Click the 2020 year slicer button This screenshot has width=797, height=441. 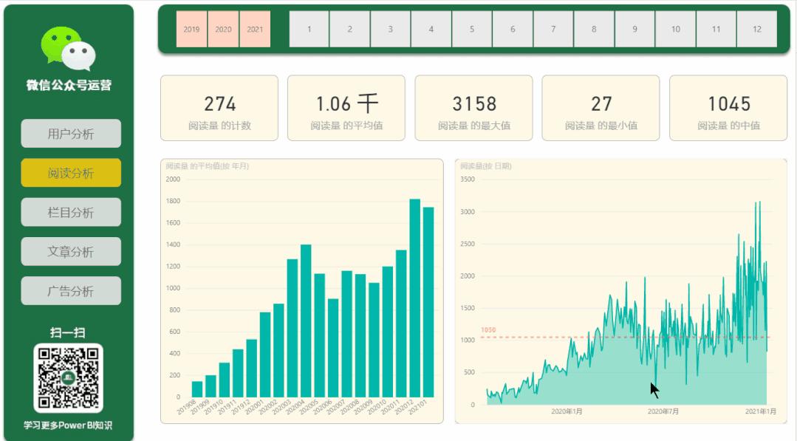pos(223,30)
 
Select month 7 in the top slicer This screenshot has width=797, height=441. pos(553,30)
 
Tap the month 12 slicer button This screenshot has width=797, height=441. pos(756,30)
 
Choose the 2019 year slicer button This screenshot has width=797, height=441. pos(191,30)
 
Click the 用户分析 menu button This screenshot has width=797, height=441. pos(71,134)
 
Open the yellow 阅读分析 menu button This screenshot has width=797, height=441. pos(71,173)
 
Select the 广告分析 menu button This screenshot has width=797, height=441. pos(71,291)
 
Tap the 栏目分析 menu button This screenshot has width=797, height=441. pos(71,213)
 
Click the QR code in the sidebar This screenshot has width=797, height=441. pos(68,377)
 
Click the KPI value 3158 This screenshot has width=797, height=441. pos(474,104)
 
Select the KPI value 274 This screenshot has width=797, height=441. pos(219,104)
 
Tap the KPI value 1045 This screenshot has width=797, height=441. pos(728,104)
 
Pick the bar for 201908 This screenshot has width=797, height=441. pos(197,389)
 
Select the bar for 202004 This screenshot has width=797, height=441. pos(306,321)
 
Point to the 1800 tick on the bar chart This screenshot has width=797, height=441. pos(173,201)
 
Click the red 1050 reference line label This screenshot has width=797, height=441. pos(488,330)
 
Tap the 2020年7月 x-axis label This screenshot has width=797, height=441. pos(663,411)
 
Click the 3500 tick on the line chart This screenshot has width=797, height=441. pos(467,179)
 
